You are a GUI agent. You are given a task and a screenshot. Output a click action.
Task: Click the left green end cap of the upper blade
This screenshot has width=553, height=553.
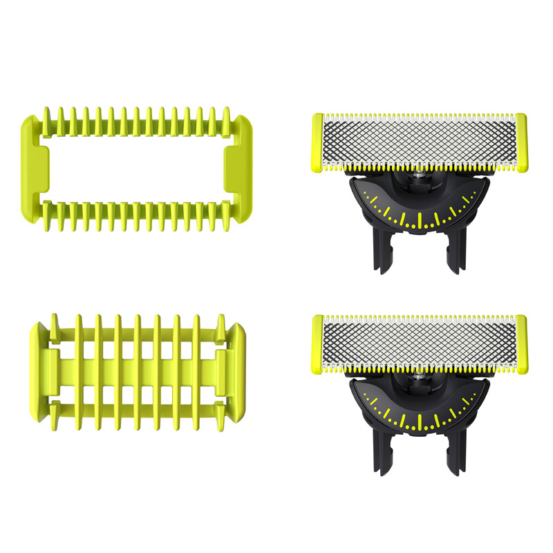point(317,142)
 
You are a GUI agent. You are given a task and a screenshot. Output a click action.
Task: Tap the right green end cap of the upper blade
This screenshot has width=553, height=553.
point(521,142)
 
